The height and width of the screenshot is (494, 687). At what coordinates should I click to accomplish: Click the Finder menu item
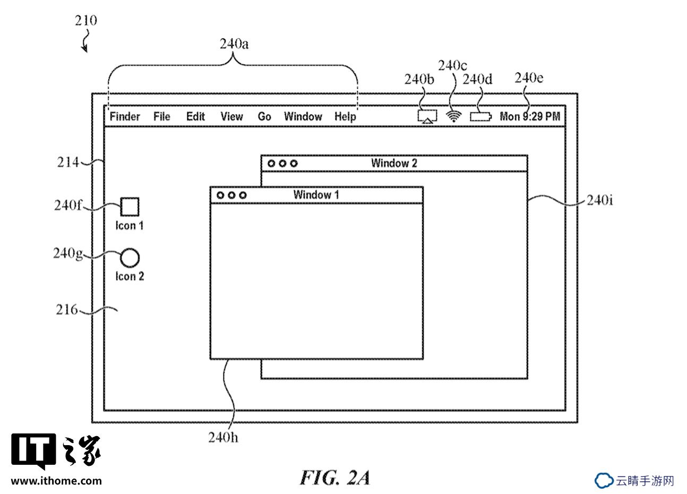tap(125, 117)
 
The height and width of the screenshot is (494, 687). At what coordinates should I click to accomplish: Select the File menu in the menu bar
tap(161, 117)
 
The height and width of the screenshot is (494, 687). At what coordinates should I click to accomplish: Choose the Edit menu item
tap(195, 117)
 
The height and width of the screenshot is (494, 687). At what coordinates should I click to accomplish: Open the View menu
tap(231, 117)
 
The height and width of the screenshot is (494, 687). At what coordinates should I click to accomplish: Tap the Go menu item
tap(264, 117)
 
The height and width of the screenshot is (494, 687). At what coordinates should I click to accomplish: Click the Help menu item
tap(345, 117)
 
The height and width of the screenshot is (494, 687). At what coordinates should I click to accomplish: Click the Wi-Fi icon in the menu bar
tap(453, 116)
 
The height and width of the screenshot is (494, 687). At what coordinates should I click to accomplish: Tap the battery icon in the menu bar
tap(481, 117)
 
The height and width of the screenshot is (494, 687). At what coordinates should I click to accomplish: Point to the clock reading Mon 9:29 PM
tap(530, 117)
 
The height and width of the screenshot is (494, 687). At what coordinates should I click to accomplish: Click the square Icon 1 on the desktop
tap(130, 207)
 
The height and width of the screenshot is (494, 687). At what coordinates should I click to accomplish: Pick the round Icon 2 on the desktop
tap(130, 258)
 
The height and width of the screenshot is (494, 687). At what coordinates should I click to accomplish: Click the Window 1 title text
tap(316, 194)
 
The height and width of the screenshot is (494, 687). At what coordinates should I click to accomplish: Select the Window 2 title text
tap(394, 163)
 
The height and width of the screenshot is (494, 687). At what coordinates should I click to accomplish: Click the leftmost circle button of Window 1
tap(220, 195)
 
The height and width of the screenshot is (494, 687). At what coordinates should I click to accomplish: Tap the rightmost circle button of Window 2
tap(294, 163)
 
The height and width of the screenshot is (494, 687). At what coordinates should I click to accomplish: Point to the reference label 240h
tap(223, 437)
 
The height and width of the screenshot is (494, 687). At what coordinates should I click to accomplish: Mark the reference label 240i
tap(600, 200)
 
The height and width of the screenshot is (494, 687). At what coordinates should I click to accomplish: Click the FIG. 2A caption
tap(334, 478)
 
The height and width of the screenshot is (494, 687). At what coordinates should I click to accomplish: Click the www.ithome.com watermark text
tap(56, 481)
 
